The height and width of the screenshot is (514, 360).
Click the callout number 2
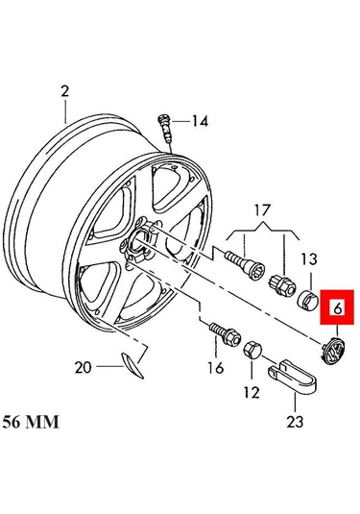65,91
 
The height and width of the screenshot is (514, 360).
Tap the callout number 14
200,122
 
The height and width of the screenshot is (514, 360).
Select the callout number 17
263,210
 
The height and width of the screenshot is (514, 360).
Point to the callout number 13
309,259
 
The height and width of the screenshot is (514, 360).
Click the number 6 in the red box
338,308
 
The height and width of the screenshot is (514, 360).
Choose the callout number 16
216,368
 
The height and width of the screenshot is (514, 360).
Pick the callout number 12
252,392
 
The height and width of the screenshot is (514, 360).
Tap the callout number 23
295,422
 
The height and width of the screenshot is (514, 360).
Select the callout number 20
83,367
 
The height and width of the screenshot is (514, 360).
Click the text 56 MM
31,422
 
